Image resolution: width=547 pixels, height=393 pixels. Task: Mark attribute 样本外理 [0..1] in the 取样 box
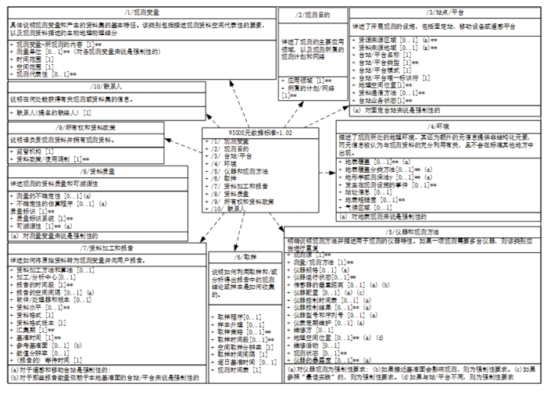[238, 322]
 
